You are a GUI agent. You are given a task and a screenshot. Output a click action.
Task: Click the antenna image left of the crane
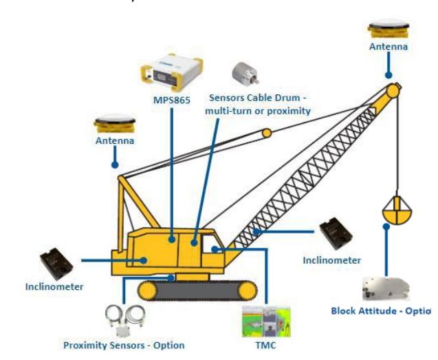coord(114,125)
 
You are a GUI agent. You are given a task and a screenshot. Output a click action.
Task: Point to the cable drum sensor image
coord(243,72)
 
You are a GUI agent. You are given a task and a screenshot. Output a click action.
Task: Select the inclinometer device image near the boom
coord(339,234)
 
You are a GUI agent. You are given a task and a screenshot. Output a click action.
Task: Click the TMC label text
coord(267,344)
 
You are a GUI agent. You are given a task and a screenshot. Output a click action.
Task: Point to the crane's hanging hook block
coord(397,210)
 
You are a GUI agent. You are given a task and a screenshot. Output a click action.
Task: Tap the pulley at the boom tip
coord(393,90)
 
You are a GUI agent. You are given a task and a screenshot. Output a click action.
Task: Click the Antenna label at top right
coord(388,47)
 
